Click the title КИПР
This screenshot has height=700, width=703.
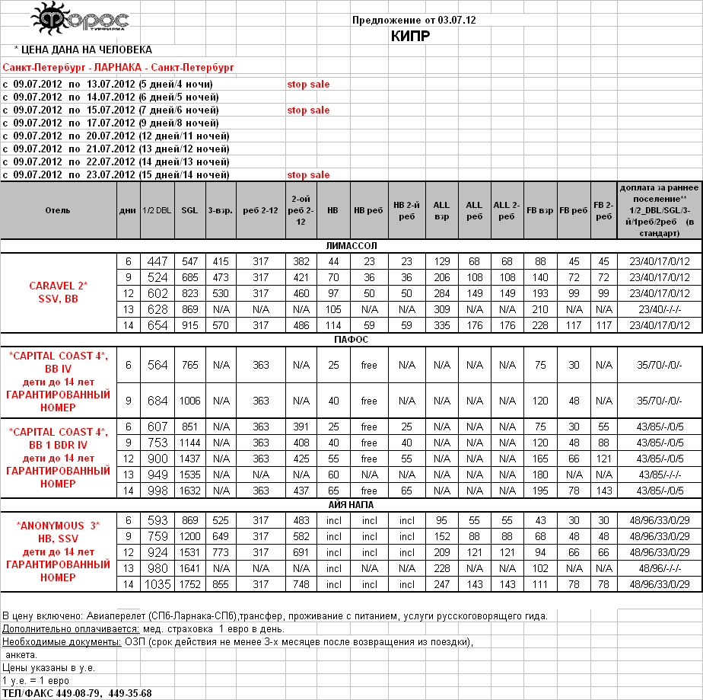click(x=411, y=36)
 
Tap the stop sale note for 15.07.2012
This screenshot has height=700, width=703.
click(x=308, y=110)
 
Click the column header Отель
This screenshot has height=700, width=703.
click(x=58, y=211)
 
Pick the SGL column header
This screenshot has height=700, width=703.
click(x=189, y=211)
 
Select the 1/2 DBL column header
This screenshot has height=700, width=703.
click(x=157, y=211)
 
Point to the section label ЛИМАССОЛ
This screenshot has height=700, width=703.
click(x=351, y=246)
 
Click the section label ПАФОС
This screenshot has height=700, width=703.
click(x=351, y=340)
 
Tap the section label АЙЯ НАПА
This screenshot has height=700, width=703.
click(x=351, y=504)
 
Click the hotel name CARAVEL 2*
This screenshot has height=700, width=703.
click(x=59, y=286)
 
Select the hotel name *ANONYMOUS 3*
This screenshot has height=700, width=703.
click(x=59, y=526)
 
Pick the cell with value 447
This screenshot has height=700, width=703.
click(x=157, y=261)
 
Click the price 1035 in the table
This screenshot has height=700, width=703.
click(x=156, y=584)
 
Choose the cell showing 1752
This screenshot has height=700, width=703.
click(x=189, y=584)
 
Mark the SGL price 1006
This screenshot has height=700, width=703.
click(x=189, y=401)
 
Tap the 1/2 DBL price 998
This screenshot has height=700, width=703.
click(x=157, y=491)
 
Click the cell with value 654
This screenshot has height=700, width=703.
click(x=157, y=325)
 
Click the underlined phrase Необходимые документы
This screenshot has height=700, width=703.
click(x=61, y=642)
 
